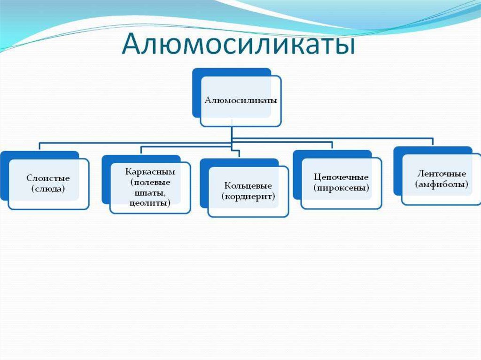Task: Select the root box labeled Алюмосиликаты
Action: click(x=240, y=100)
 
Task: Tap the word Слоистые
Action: click(x=48, y=179)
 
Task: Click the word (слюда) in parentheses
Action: click(x=48, y=189)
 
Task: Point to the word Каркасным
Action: click(x=150, y=172)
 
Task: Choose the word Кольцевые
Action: click(x=248, y=186)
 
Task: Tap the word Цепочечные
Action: click(x=341, y=178)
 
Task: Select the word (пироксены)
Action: click(x=341, y=188)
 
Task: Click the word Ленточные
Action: click(x=442, y=174)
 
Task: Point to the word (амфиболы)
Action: click(x=442, y=184)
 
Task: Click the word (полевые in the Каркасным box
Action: click(x=150, y=183)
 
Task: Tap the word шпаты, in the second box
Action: click(x=150, y=193)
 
